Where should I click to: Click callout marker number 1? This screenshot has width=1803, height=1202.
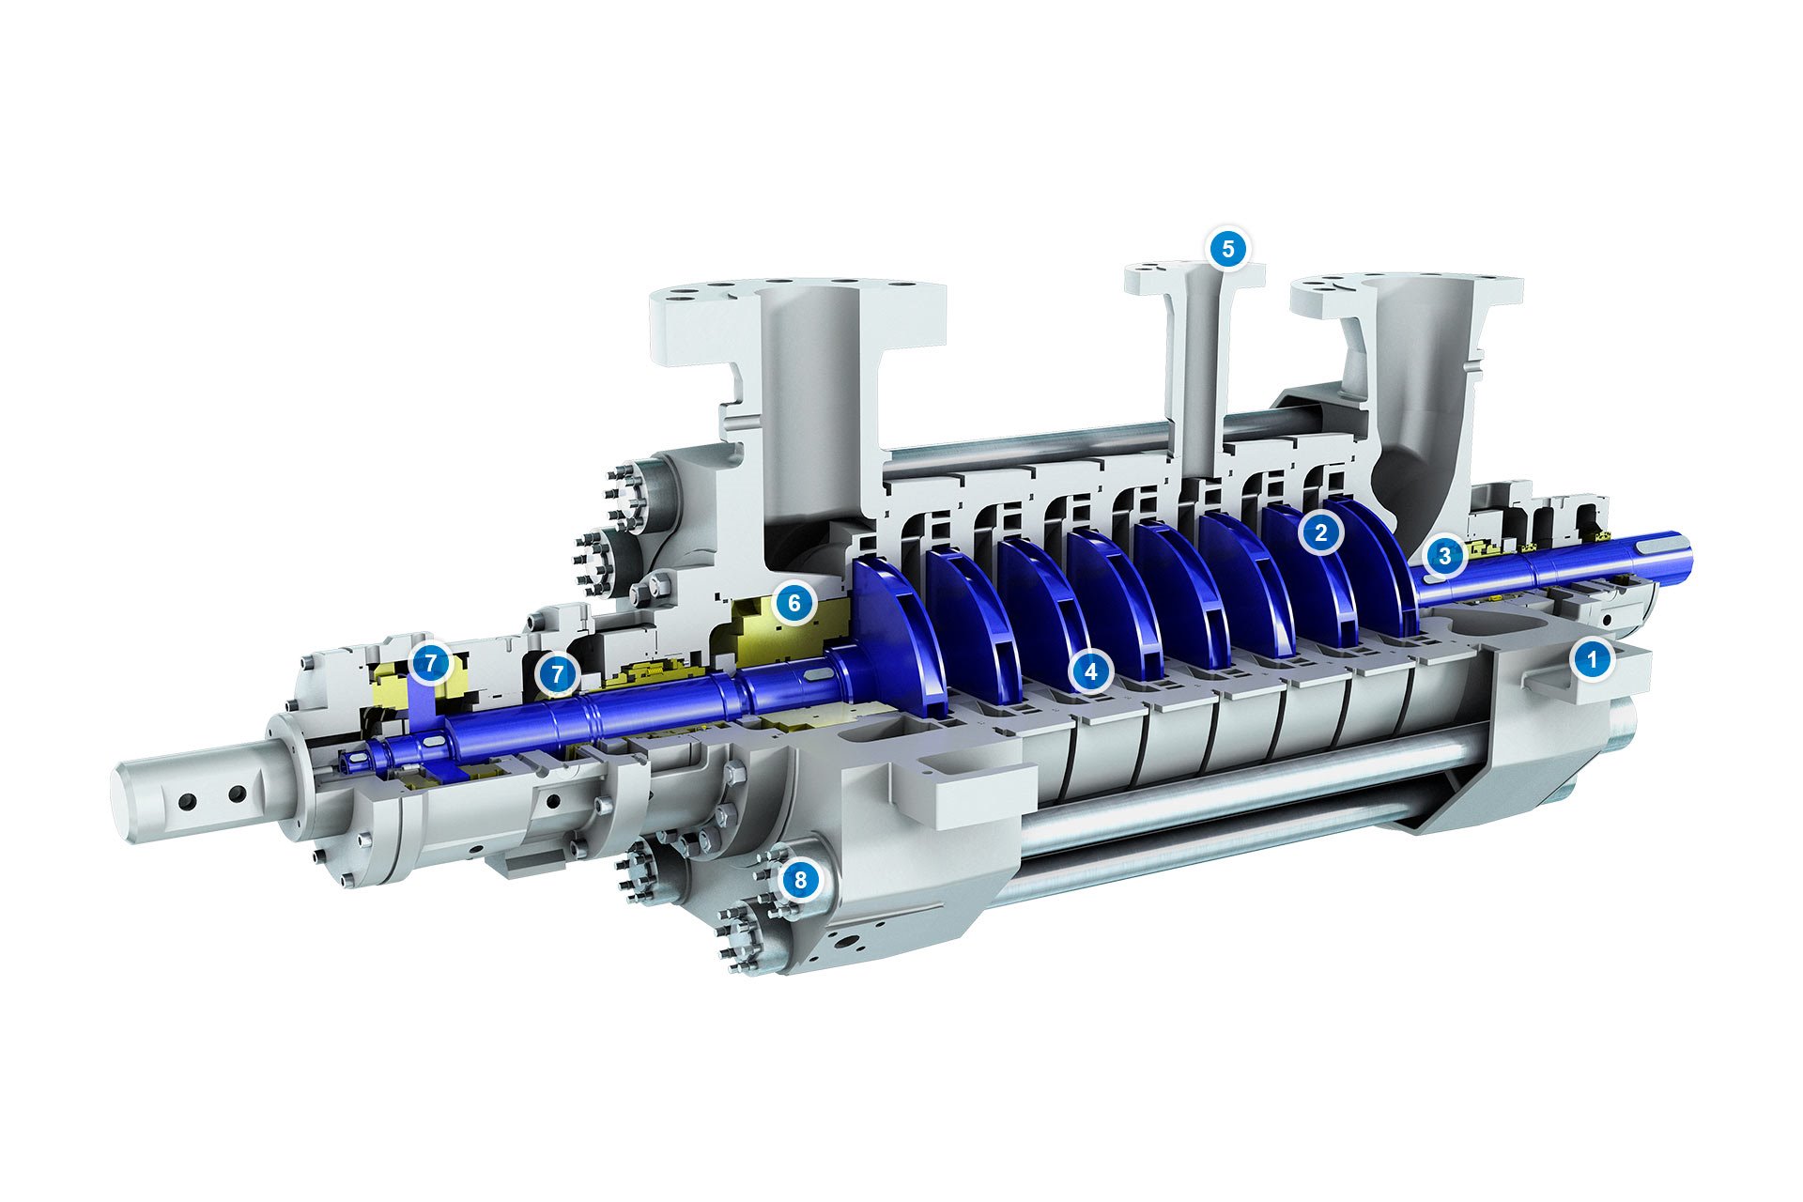1591,659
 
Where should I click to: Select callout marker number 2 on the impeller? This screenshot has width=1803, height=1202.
1320,533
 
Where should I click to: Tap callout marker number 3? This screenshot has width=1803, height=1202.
1444,556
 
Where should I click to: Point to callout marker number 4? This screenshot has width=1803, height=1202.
1090,671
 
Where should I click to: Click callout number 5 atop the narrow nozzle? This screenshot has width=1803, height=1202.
1227,249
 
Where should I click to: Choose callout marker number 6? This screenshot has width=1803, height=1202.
794,603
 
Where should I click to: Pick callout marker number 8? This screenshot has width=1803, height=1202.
800,880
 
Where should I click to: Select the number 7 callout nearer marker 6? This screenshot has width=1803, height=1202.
558,673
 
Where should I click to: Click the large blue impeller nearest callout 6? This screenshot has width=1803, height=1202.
897,639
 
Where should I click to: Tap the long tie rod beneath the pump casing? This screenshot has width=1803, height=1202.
1221,817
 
